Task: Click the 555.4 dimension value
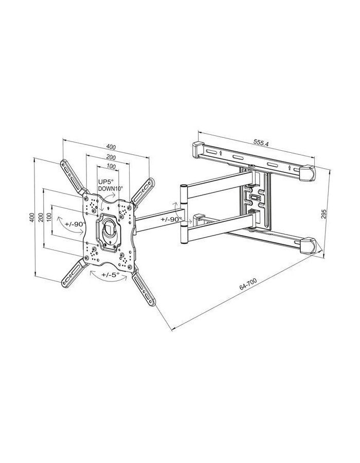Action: (x=261, y=143)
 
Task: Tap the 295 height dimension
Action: (x=323, y=214)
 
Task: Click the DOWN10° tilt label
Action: (x=110, y=189)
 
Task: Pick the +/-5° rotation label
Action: (x=110, y=274)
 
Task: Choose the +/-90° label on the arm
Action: (x=171, y=219)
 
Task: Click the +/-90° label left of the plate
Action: (x=75, y=224)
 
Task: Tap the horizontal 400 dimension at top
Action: (x=111, y=147)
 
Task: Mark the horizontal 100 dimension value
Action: (x=111, y=167)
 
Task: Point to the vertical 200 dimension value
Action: (x=41, y=217)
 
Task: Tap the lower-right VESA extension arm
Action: (x=145, y=289)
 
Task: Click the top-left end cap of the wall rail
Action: (x=198, y=149)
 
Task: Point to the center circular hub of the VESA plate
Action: (x=109, y=228)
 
